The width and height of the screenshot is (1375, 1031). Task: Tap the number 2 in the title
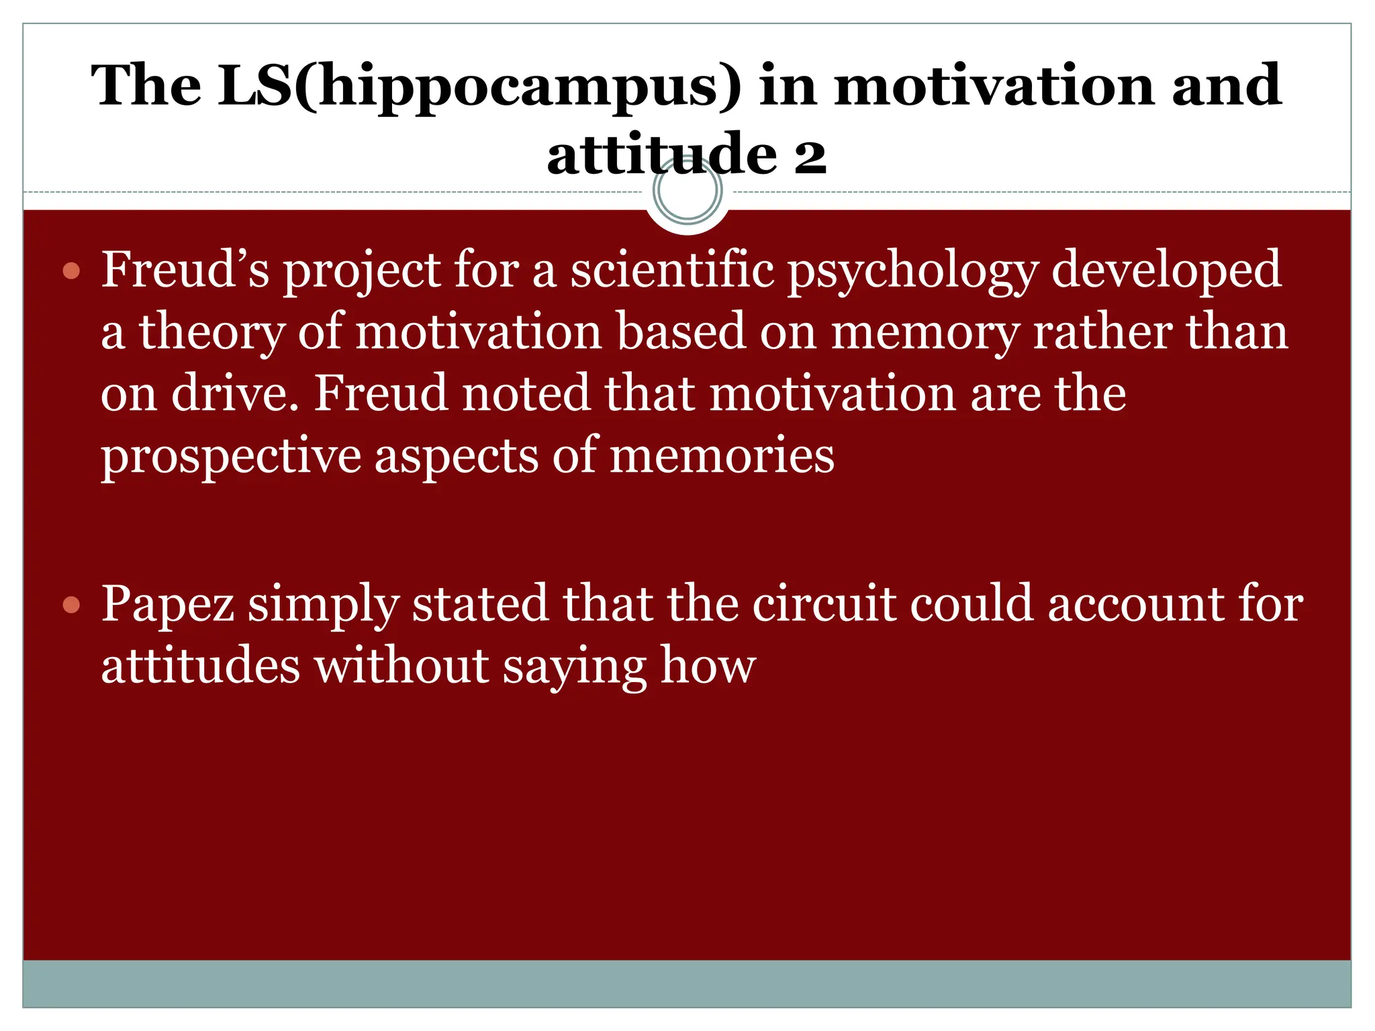tap(810, 156)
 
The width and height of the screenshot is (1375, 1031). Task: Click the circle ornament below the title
tap(687, 191)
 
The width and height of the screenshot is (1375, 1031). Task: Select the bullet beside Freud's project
tap(71, 271)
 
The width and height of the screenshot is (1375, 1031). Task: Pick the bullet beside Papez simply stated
tap(71, 605)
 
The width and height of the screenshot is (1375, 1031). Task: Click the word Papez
tap(168, 604)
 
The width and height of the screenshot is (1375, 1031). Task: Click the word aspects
tap(456, 456)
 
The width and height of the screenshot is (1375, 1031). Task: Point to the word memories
tap(722, 456)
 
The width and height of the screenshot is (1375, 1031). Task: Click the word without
tap(402, 666)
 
